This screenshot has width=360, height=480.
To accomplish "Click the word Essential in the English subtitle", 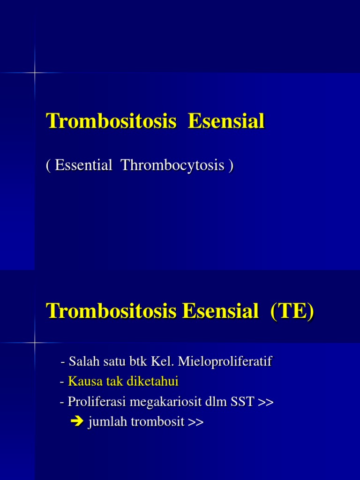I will (83, 165).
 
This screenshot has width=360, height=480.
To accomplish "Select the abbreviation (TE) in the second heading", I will (292, 311).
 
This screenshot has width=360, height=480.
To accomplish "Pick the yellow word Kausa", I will (82, 382).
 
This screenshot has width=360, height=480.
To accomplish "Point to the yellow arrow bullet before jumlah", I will (76, 422).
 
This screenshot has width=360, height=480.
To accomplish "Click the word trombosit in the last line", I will (157, 422).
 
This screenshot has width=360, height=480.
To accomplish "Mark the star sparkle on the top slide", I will (34, 73).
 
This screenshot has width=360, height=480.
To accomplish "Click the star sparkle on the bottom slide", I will (34, 343).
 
